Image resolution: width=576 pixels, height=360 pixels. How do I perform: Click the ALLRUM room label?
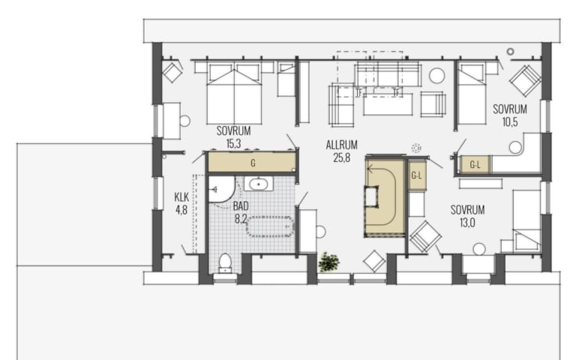(x=342, y=145)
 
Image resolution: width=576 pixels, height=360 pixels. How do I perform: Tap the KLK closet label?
(x=181, y=197)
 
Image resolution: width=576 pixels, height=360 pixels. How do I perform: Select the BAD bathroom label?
(x=241, y=206)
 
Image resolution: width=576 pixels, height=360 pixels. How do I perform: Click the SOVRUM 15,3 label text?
(x=234, y=137)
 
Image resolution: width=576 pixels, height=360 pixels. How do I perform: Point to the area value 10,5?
(x=510, y=122)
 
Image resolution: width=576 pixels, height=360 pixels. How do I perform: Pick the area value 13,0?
(x=467, y=223)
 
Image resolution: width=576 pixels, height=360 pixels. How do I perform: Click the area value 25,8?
(x=342, y=157)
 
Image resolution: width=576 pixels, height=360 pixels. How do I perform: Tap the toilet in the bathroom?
(x=225, y=263)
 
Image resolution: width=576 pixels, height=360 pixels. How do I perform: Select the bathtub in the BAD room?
(x=270, y=226)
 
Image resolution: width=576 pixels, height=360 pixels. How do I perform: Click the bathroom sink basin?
(x=259, y=184)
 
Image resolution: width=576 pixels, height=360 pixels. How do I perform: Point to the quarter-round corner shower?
(x=221, y=189)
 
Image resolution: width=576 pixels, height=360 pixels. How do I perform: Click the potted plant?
(x=328, y=262)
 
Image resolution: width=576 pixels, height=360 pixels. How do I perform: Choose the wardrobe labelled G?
(x=253, y=162)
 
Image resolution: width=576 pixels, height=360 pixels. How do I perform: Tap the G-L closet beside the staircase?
(x=416, y=175)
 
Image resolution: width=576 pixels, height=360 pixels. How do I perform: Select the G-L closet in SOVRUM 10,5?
(x=475, y=164)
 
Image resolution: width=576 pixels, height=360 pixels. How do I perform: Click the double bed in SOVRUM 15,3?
(x=234, y=94)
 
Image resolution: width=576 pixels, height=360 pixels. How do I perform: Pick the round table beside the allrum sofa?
(x=437, y=76)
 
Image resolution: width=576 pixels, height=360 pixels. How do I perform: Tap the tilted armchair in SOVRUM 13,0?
(x=426, y=236)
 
